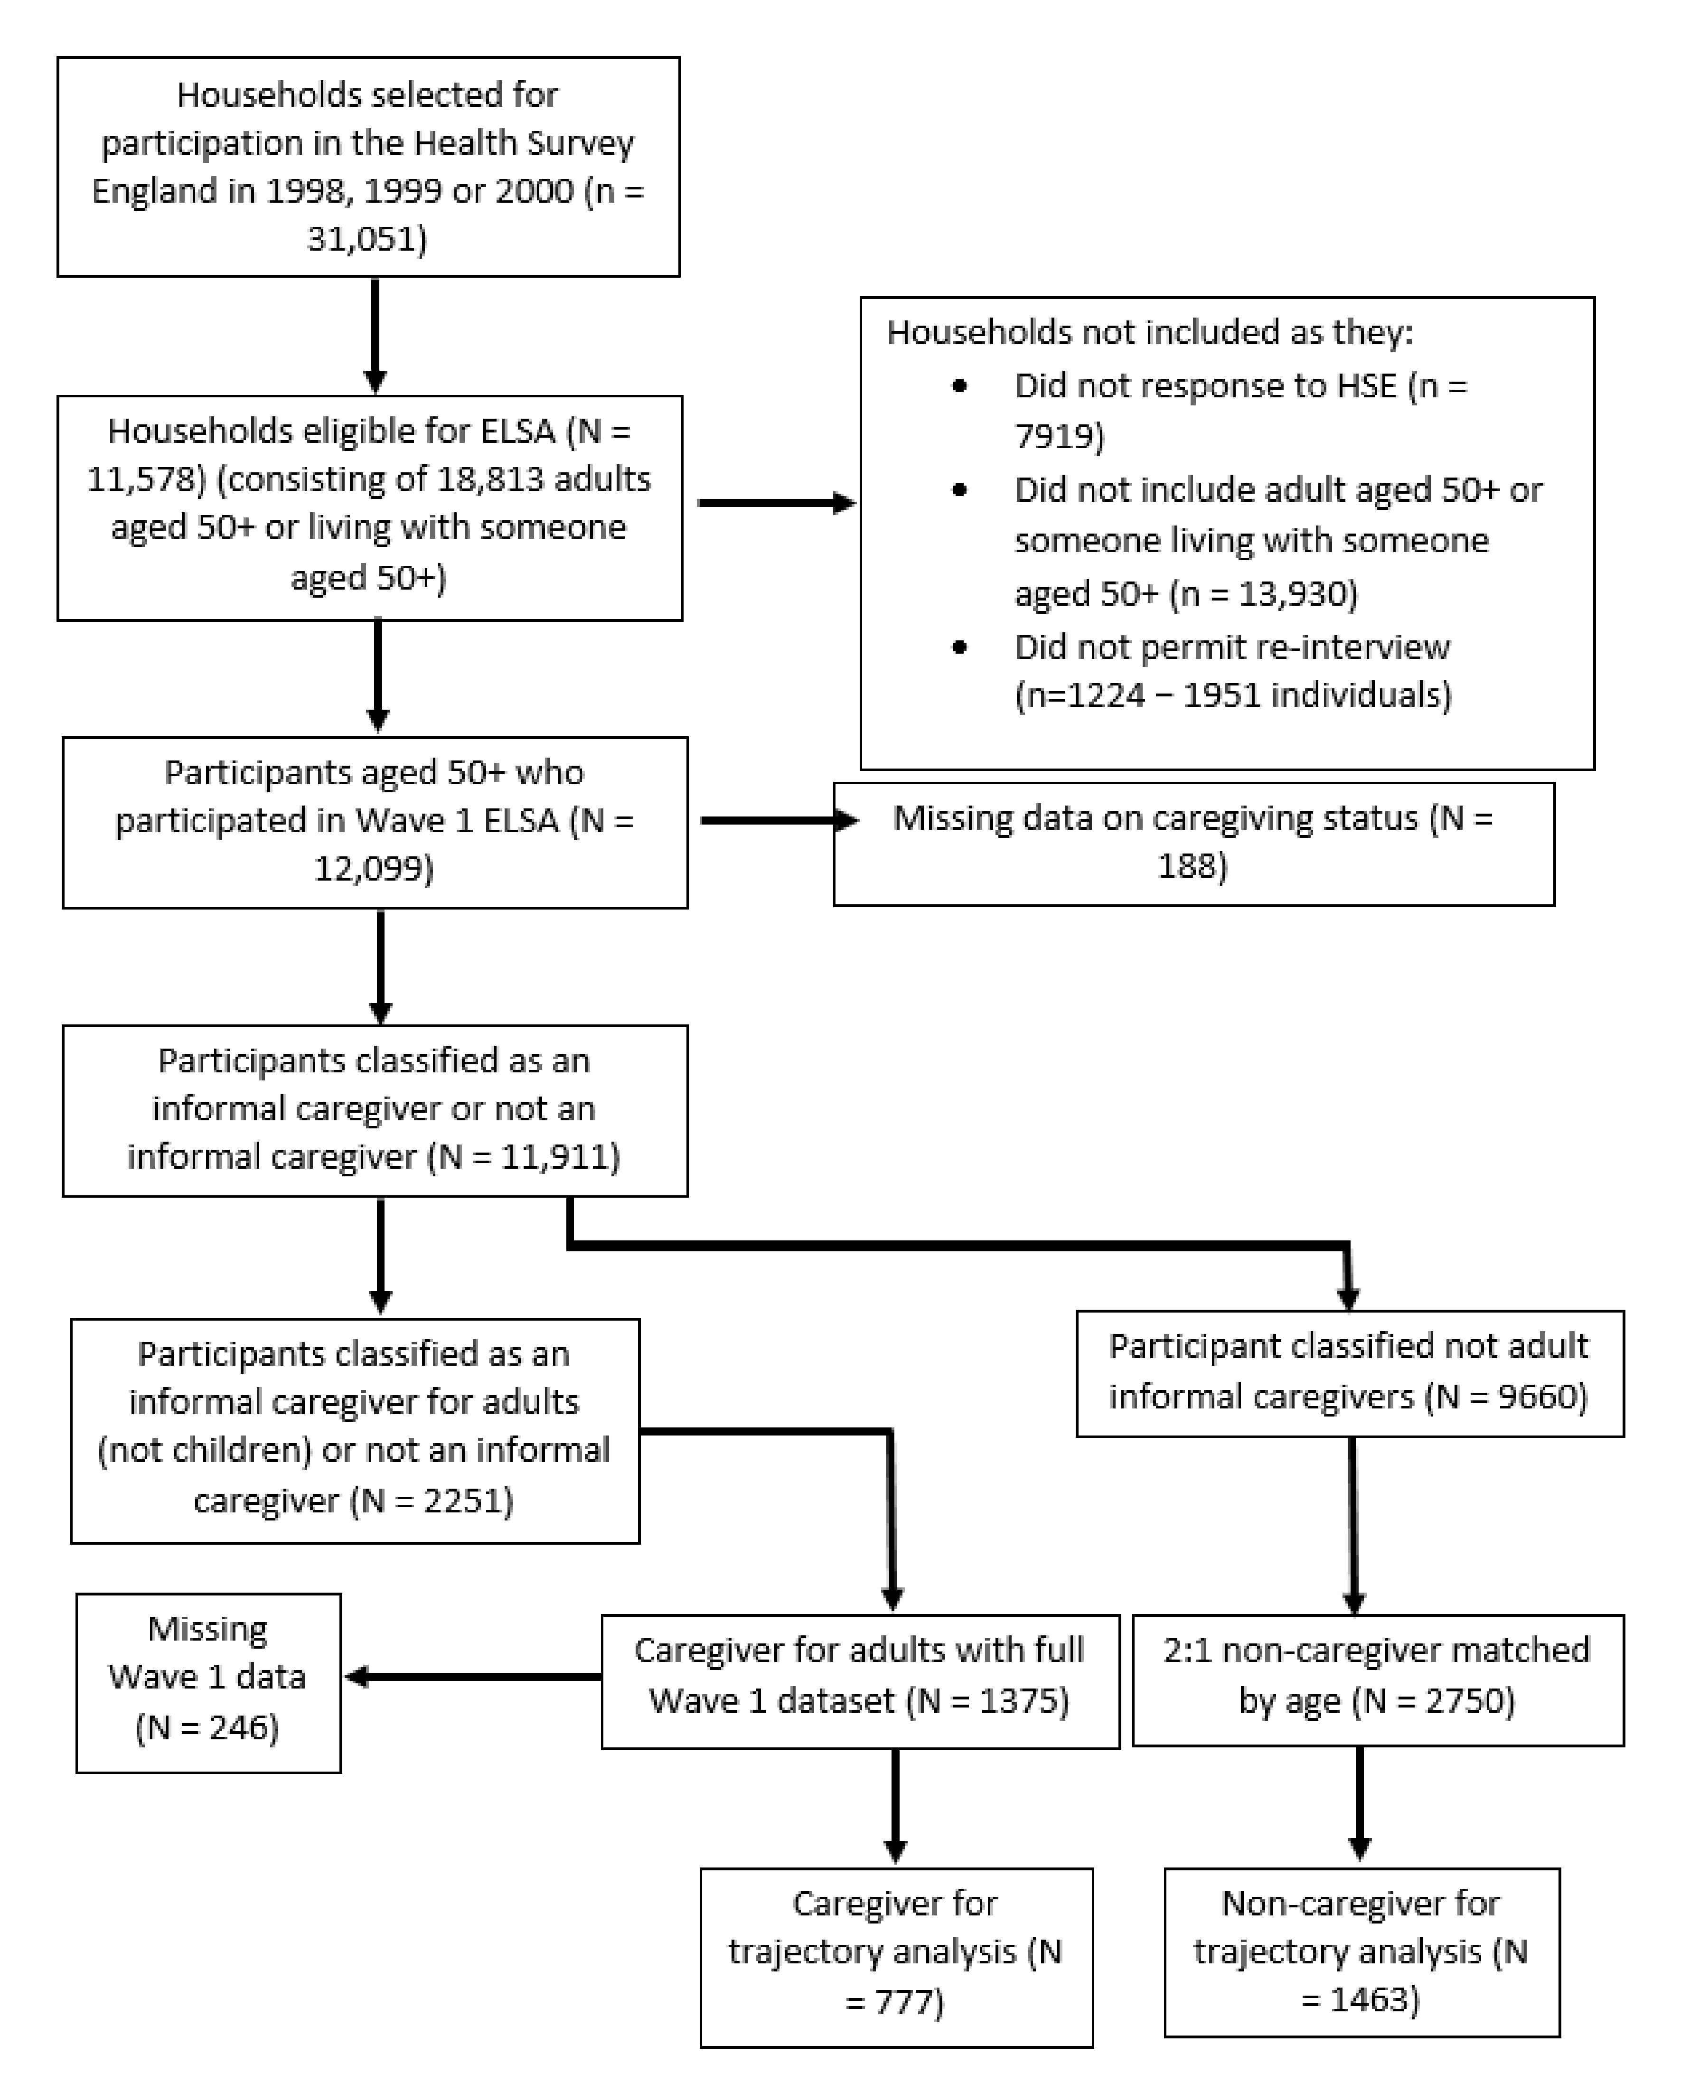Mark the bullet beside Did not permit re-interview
click(960, 647)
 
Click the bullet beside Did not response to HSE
click(960, 386)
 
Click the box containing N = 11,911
click(375, 1111)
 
